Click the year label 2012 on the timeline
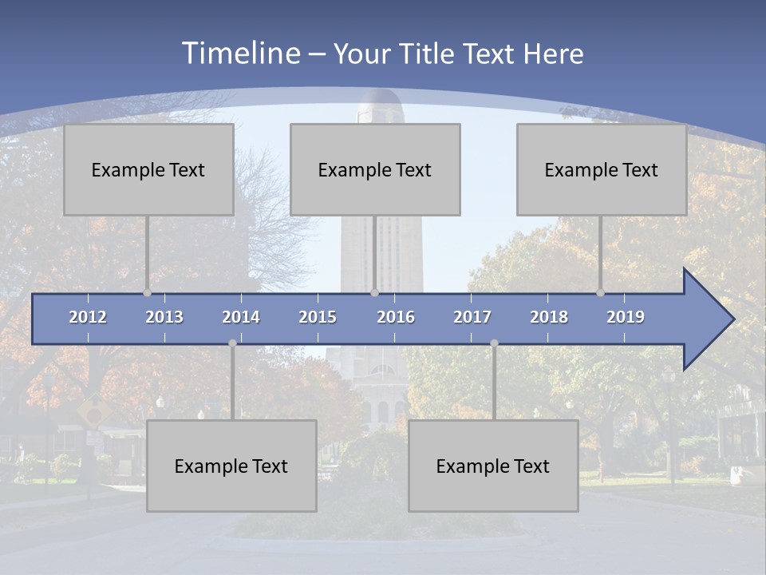[88, 317]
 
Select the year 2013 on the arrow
[164, 317]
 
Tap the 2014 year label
[241, 317]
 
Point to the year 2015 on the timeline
[318, 317]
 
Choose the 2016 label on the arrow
[396, 317]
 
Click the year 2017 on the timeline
[472, 317]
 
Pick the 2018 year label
[549, 317]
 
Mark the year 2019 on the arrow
[626, 317]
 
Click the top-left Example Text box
[148, 169]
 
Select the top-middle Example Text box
[375, 169]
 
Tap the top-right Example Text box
[602, 169]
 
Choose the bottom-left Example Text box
[231, 466]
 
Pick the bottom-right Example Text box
[493, 466]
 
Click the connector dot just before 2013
[148, 292]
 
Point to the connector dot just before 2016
[374, 292]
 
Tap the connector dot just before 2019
[601, 292]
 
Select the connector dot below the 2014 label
[232, 343]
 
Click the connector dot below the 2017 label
[494, 343]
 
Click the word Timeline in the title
[239, 54]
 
